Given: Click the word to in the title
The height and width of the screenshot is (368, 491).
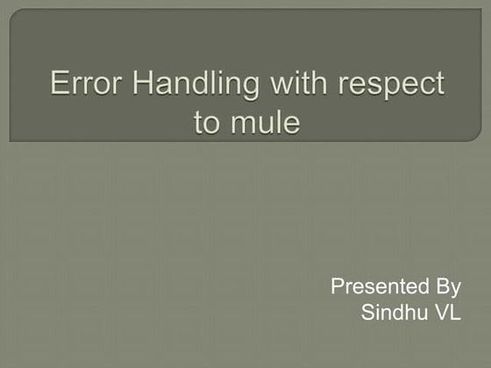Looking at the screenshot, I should tap(207, 122).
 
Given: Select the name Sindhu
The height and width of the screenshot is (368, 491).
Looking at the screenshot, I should tap(390, 313).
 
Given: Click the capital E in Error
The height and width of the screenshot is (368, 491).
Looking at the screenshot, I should tap(59, 84).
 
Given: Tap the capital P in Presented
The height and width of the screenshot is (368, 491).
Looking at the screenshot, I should tap(338, 287).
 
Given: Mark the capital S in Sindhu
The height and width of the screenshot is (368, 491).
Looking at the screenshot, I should tap(367, 313).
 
